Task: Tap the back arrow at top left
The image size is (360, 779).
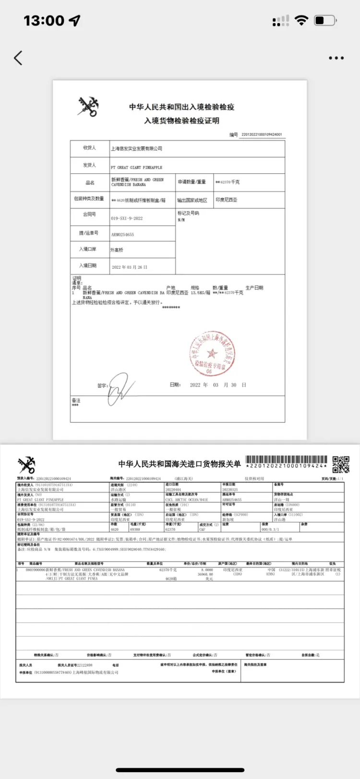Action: [x=18, y=58]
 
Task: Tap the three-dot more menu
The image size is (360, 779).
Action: [x=336, y=58]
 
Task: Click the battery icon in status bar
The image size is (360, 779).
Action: [x=325, y=20]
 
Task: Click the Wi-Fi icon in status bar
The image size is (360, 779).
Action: [x=301, y=20]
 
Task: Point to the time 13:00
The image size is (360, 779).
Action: [x=44, y=21]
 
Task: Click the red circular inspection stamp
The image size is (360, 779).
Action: [x=212, y=353]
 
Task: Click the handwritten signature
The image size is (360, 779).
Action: [x=120, y=388]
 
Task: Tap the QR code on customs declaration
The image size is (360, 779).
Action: [x=341, y=464]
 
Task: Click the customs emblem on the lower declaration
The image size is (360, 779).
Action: [x=26, y=465]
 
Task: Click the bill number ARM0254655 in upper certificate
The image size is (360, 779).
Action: [x=122, y=235]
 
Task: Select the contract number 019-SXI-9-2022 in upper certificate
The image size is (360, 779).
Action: [x=127, y=218]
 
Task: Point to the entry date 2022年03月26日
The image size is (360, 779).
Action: [x=130, y=267]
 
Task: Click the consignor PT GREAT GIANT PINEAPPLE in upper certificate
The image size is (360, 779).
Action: [x=136, y=168]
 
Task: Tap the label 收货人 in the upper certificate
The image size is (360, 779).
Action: [x=90, y=148]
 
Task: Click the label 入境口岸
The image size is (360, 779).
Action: [x=88, y=249]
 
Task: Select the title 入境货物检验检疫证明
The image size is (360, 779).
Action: [x=181, y=120]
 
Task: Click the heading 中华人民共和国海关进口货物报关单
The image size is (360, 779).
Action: [x=180, y=464]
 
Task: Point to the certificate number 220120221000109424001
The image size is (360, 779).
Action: [x=261, y=135]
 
